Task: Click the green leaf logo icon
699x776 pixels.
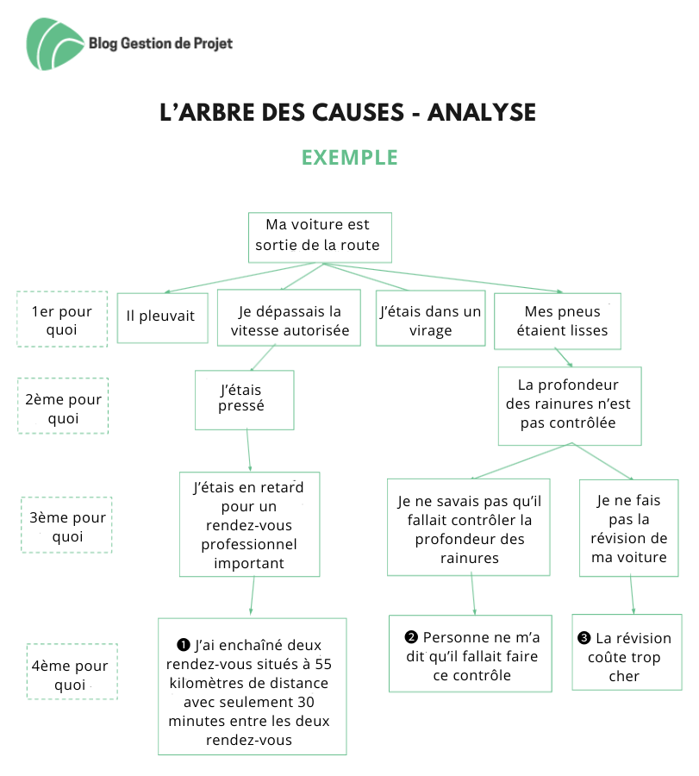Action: pos(54,44)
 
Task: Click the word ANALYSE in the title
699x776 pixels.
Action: pos(481,112)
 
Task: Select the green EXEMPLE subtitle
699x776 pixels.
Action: pos(350,158)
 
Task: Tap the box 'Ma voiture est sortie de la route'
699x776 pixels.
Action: pos(320,238)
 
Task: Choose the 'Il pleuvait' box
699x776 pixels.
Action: pos(162,317)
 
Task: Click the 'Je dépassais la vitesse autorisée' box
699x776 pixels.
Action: pos(289,317)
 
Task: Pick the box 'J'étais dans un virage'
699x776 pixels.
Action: pos(430,318)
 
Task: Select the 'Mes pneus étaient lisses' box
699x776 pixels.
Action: pos(558,322)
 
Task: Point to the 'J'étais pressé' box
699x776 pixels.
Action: pos(245,400)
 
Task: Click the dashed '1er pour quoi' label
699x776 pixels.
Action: pos(62,319)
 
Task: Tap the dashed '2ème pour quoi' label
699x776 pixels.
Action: pos(63,406)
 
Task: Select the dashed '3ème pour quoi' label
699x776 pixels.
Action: pos(66,524)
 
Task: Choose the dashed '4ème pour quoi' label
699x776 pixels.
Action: pos(72,672)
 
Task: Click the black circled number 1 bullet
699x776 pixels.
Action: pos(183,645)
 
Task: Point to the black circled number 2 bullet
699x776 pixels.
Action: pos(411,637)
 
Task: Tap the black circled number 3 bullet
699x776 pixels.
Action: pos(584,638)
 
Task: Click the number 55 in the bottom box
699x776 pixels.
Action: pos(323,664)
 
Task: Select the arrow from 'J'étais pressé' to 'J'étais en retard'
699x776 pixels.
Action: pos(248,450)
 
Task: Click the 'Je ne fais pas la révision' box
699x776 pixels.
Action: pos(628,528)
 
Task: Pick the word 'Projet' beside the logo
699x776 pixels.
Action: pos(213,44)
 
